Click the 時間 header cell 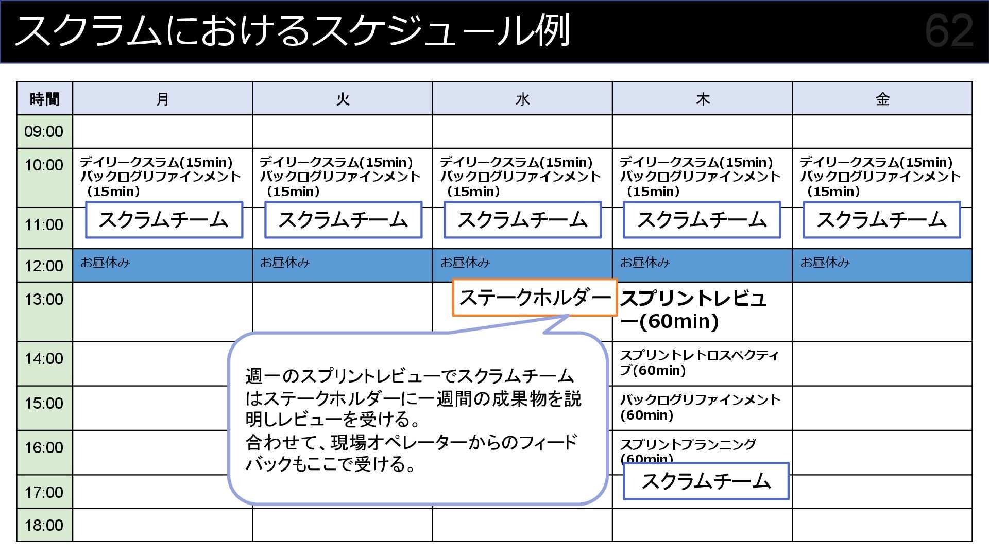[x=44, y=98]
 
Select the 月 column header [x=162, y=98]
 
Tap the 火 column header [x=343, y=98]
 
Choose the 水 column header [x=522, y=98]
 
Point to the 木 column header [x=702, y=98]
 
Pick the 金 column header [x=882, y=98]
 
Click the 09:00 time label [x=44, y=131]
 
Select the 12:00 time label [x=44, y=266]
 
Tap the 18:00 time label [x=44, y=525]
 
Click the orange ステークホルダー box [x=534, y=298]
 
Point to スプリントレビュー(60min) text [x=693, y=309]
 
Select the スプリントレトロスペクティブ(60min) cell [x=699, y=363]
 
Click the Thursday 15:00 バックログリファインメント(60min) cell [x=699, y=407]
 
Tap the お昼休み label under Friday [x=825, y=263]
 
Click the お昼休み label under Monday [x=105, y=263]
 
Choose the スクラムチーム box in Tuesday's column [x=343, y=220]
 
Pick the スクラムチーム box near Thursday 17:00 [x=706, y=481]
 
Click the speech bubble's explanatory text [x=412, y=420]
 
